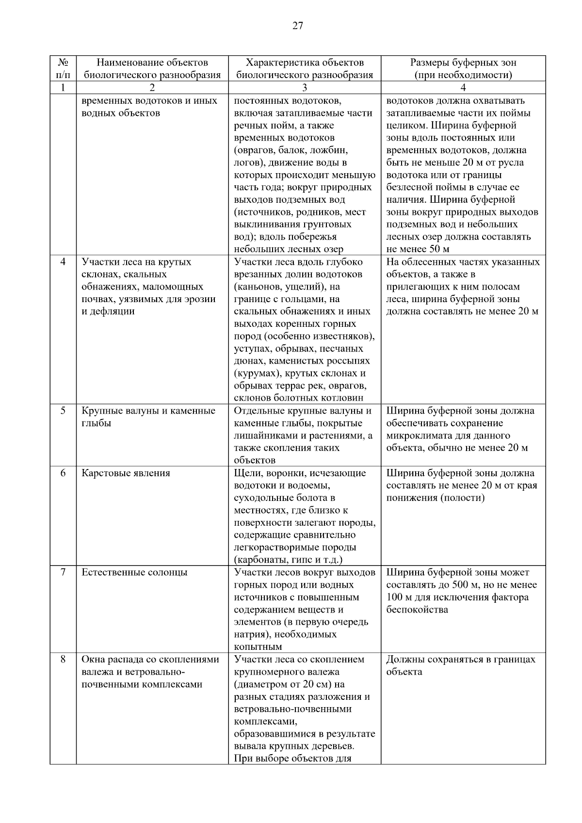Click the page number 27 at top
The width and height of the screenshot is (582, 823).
(297, 26)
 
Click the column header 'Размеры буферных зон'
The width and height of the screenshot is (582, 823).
(463, 63)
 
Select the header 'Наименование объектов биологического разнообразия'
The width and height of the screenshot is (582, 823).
(152, 68)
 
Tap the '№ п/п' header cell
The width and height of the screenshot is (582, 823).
(63, 68)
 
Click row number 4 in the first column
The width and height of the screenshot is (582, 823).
(63, 262)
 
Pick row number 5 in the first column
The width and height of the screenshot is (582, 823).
(63, 411)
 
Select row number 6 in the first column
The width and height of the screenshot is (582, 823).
(63, 473)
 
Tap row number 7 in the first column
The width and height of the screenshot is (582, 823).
(63, 573)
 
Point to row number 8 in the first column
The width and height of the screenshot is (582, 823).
(63, 660)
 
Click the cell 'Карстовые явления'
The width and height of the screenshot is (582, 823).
(126, 473)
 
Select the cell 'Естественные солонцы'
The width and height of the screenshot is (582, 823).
(134, 573)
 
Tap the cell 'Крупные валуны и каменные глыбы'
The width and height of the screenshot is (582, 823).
(148, 417)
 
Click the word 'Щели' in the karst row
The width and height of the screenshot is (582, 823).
(245, 473)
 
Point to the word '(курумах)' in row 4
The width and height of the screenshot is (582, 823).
(257, 374)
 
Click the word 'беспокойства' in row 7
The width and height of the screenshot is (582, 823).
(417, 610)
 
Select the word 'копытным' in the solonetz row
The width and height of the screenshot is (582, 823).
(258, 647)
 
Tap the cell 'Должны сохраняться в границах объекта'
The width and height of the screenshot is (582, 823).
(461, 665)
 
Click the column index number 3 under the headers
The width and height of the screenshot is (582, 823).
(305, 88)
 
